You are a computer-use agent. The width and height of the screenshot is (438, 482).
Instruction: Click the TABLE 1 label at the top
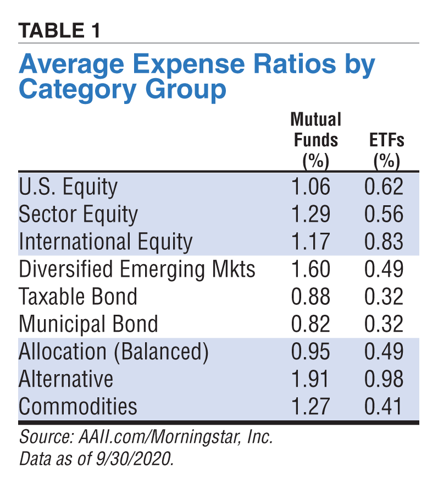tap(59, 30)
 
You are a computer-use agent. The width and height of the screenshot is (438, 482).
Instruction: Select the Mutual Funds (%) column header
tap(315, 140)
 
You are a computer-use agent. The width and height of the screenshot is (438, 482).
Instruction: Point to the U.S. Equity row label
tap(68, 187)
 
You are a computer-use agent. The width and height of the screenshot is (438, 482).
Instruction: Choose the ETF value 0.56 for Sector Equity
tap(384, 214)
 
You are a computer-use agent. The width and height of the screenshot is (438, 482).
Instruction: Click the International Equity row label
tap(106, 242)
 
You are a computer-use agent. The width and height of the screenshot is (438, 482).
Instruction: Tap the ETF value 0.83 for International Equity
tap(384, 242)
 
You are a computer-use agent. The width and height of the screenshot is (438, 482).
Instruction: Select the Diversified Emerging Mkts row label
tap(137, 270)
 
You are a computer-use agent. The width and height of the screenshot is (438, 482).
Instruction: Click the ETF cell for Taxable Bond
tap(384, 297)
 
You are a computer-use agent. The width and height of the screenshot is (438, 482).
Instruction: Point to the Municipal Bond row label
tap(88, 324)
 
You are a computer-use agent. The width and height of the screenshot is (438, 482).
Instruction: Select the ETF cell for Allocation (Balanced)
tap(384, 352)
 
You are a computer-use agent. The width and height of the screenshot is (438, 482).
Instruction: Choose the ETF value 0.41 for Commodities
tap(384, 407)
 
